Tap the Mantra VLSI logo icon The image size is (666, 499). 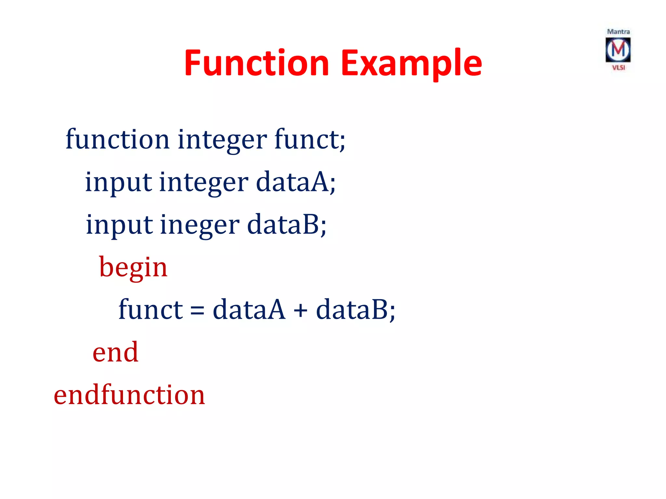pyautogui.click(x=618, y=50)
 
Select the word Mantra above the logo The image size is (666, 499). pyautogui.click(x=618, y=32)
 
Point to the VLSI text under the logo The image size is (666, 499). pyautogui.click(x=619, y=68)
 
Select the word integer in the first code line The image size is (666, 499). pyautogui.click(x=222, y=140)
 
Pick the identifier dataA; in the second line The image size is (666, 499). pyautogui.click(x=296, y=182)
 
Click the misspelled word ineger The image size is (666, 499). pyautogui.click(x=200, y=225)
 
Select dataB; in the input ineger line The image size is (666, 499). pyautogui.click(x=286, y=224)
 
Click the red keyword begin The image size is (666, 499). pyautogui.click(x=133, y=267)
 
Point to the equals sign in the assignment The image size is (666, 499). pyautogui.click(x=197, y=310)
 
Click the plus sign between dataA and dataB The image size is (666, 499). pyautogui.click(x=300, y=310)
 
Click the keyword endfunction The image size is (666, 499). pyautogui.click(x=129, y=394)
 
